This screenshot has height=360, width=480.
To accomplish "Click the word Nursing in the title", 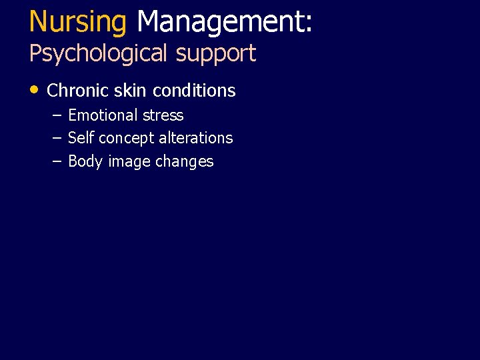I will point(77,22).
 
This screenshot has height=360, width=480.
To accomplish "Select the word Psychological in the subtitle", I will point(99,53).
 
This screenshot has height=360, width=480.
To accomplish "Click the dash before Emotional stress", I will point(57,115).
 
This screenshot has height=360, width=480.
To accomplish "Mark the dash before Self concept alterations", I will point(57,138).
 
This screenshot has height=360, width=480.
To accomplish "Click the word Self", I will point(81,138).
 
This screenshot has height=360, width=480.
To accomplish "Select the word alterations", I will point(195,138).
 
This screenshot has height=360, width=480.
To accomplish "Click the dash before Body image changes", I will point(57,161).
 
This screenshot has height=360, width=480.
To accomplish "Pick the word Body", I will point(85,161).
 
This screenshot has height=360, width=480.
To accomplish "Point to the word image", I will point(128,162).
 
